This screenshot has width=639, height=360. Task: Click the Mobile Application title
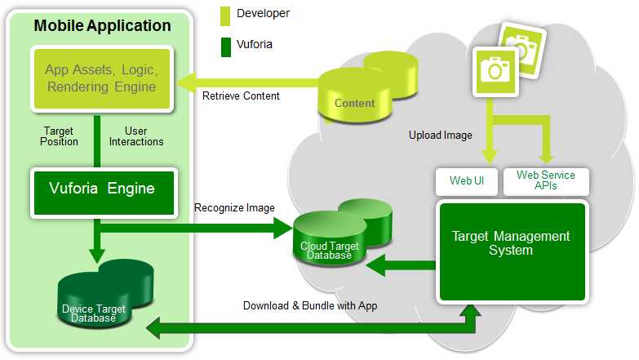[103, 26]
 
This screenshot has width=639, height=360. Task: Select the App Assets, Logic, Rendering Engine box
[102, 79]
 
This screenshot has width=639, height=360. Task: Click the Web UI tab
[467, 181]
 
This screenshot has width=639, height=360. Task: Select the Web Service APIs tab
[545, 181]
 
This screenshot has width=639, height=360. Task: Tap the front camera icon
[494, 70]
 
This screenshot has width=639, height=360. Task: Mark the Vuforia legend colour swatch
[224, 44]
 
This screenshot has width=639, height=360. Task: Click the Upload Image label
[440, 136]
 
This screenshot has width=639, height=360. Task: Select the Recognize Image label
[234, 208]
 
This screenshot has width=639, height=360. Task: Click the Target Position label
[60, 136]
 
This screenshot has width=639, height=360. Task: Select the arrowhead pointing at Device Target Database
[151, 329]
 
